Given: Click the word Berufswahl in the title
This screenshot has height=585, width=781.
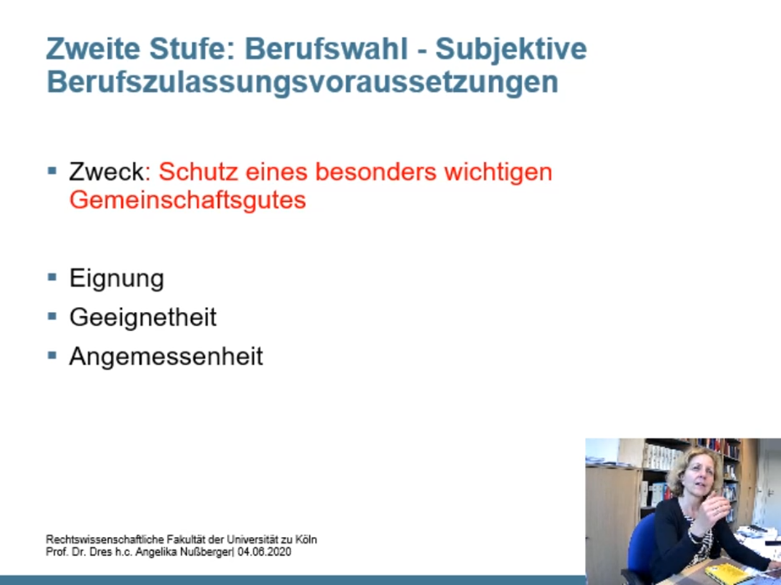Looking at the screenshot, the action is click(x=326, y=49).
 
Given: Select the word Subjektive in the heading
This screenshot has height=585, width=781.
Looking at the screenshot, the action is click(x=511, y=50).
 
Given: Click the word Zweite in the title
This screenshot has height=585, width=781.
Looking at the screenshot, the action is click(x=93, y=49).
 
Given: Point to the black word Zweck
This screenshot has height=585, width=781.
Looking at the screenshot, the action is click(x=106, y=172).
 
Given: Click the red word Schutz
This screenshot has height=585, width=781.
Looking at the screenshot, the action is click(x=198, y=172).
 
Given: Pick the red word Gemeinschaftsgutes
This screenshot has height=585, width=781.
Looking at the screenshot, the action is click(x=187, y=201).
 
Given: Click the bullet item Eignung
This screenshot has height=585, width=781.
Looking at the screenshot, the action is click(x=117, y=279).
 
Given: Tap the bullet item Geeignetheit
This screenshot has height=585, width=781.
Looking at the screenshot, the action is click(x=143, y=317).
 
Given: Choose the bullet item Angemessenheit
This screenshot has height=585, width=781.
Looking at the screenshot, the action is click(x=166, y=356).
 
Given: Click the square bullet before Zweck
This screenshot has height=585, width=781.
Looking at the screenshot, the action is click(x=52, y=171).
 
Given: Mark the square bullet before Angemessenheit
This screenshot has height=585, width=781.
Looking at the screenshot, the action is click(x=52, y=355).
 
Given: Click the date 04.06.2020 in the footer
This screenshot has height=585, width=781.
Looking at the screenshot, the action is click(x=264, y=552).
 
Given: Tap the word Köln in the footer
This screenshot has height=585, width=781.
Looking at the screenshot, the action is click(x=306, y=540).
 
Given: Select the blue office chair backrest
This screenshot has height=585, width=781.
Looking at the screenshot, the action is click(x=641, y=545).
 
